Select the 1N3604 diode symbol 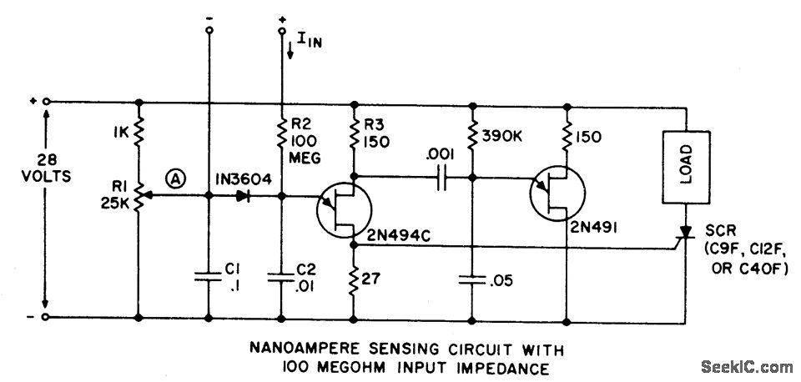[244, 197]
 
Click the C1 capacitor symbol [208, 279]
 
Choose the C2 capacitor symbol [281, 279]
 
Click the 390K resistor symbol [471, 134]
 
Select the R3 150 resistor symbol [355, 133]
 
